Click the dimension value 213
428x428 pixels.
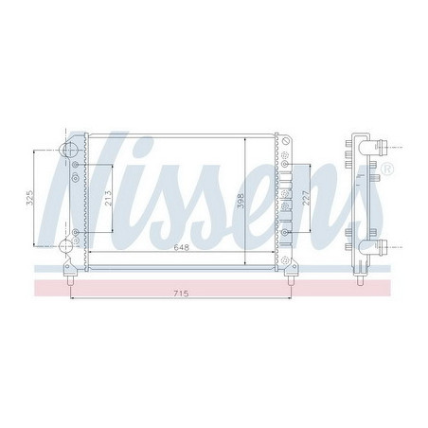coord(109,199)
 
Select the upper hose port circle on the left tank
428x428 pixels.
coord(68,150)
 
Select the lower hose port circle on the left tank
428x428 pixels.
coord(67,248)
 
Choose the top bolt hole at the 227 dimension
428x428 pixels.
coord(284,164)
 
